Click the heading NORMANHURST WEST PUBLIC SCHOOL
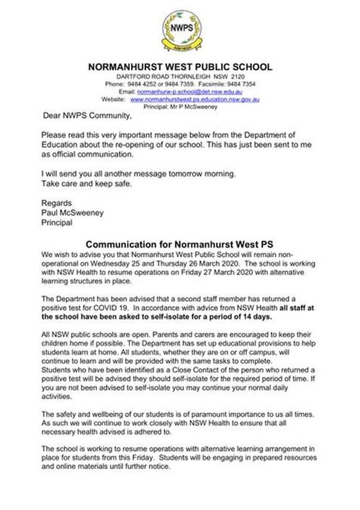click(179, 67)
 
